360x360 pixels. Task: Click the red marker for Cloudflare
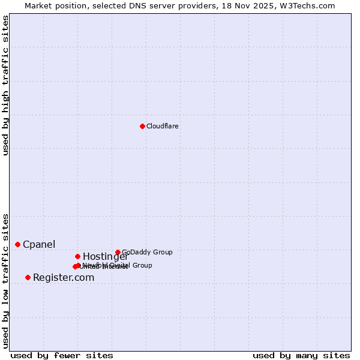(x=142, y=126)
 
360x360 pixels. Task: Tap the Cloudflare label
(x=163, y=126)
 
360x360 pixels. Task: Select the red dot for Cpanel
(x=17, y=244)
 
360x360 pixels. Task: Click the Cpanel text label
(x=39, y=244)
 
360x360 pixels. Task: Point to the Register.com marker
(x=28, y=277)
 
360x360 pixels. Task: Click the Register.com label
(x=64, y=277)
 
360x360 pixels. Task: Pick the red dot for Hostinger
(x=77, y=256)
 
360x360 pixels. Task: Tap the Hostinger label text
(x=105, y=257)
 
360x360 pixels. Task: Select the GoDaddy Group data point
(x=118, y=252)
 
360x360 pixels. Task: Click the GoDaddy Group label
(x=147, y=252)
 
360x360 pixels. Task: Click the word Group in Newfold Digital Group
(x=142, y=265)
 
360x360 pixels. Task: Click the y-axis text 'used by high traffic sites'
(x=6, y=85)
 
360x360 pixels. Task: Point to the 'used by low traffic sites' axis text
(x=6, y=280)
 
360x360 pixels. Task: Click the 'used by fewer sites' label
(x=62, y=355)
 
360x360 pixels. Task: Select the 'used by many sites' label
(x=301, y=355)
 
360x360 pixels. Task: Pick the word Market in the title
(x=38, y=5)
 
